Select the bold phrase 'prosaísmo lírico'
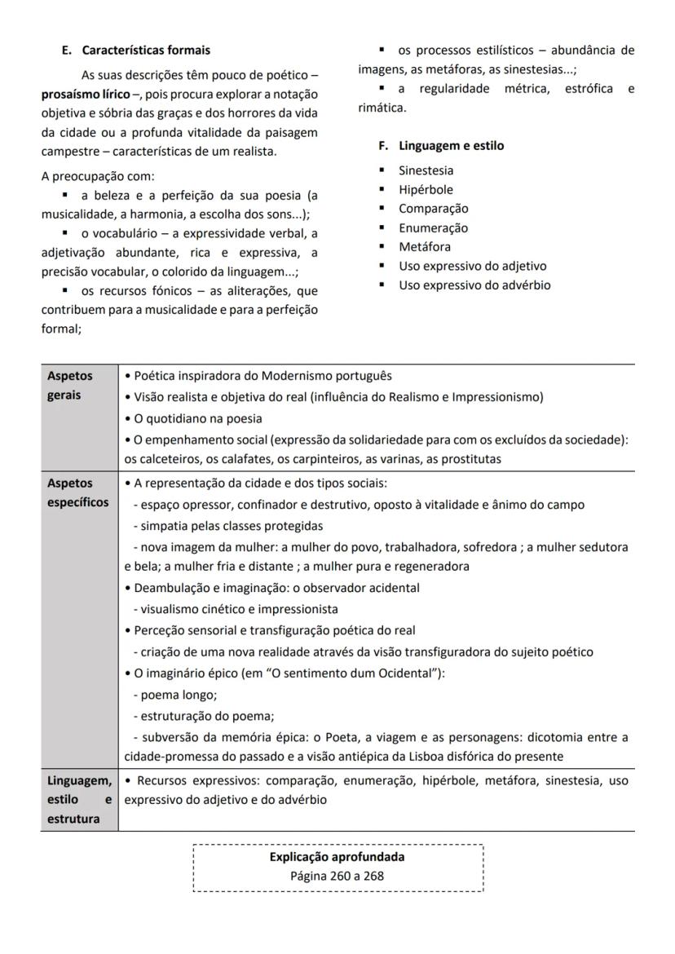(x=86, y=95)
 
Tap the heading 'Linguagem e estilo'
(x=451, y=146)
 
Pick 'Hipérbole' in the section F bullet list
(x=426, y=190)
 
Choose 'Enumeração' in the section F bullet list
(x=433, y=228)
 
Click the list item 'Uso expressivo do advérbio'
(x=474, y=285)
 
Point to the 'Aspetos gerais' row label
(x=70, y=386)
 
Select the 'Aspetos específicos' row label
(x=77, y=492)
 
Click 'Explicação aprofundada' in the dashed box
(x=337, y=857)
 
